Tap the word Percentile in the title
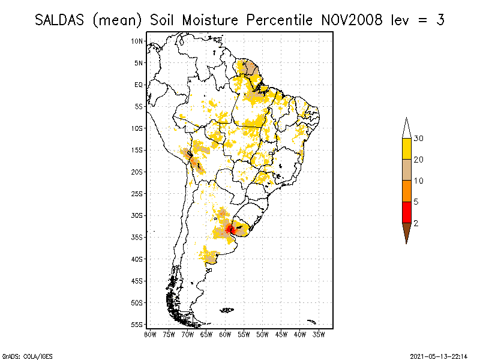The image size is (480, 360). tap(276, 20)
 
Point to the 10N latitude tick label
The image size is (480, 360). tap(137, 41)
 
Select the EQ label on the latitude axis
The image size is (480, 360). tap(139, 85)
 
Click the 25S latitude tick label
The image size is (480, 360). tap(137, 193)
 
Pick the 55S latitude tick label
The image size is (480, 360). tap(137, 324)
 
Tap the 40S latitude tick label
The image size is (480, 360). tap(137, 259)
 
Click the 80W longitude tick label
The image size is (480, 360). tap(150, 334)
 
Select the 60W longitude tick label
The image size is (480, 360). tap(225, 334)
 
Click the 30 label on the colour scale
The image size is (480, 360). tap(418, 139)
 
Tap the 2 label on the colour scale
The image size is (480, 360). tap(416, 223)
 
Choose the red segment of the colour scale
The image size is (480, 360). tap(406, 212)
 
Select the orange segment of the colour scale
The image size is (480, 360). tap(406, 191)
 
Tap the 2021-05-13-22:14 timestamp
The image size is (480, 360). tap(439, 355)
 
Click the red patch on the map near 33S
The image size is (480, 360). tap(230, 229)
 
